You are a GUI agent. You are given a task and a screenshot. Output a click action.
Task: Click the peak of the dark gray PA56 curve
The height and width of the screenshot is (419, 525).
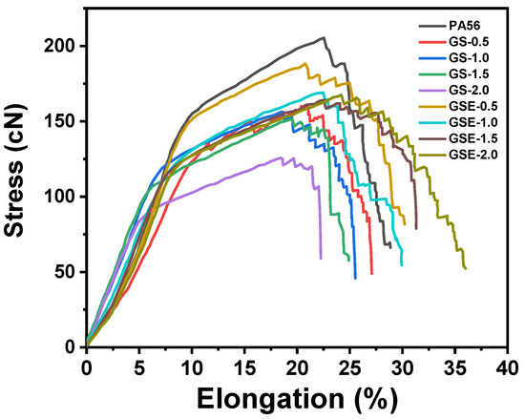(325, 38)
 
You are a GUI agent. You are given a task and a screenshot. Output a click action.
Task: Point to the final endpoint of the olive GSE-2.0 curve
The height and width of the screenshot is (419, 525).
(465, 268)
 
